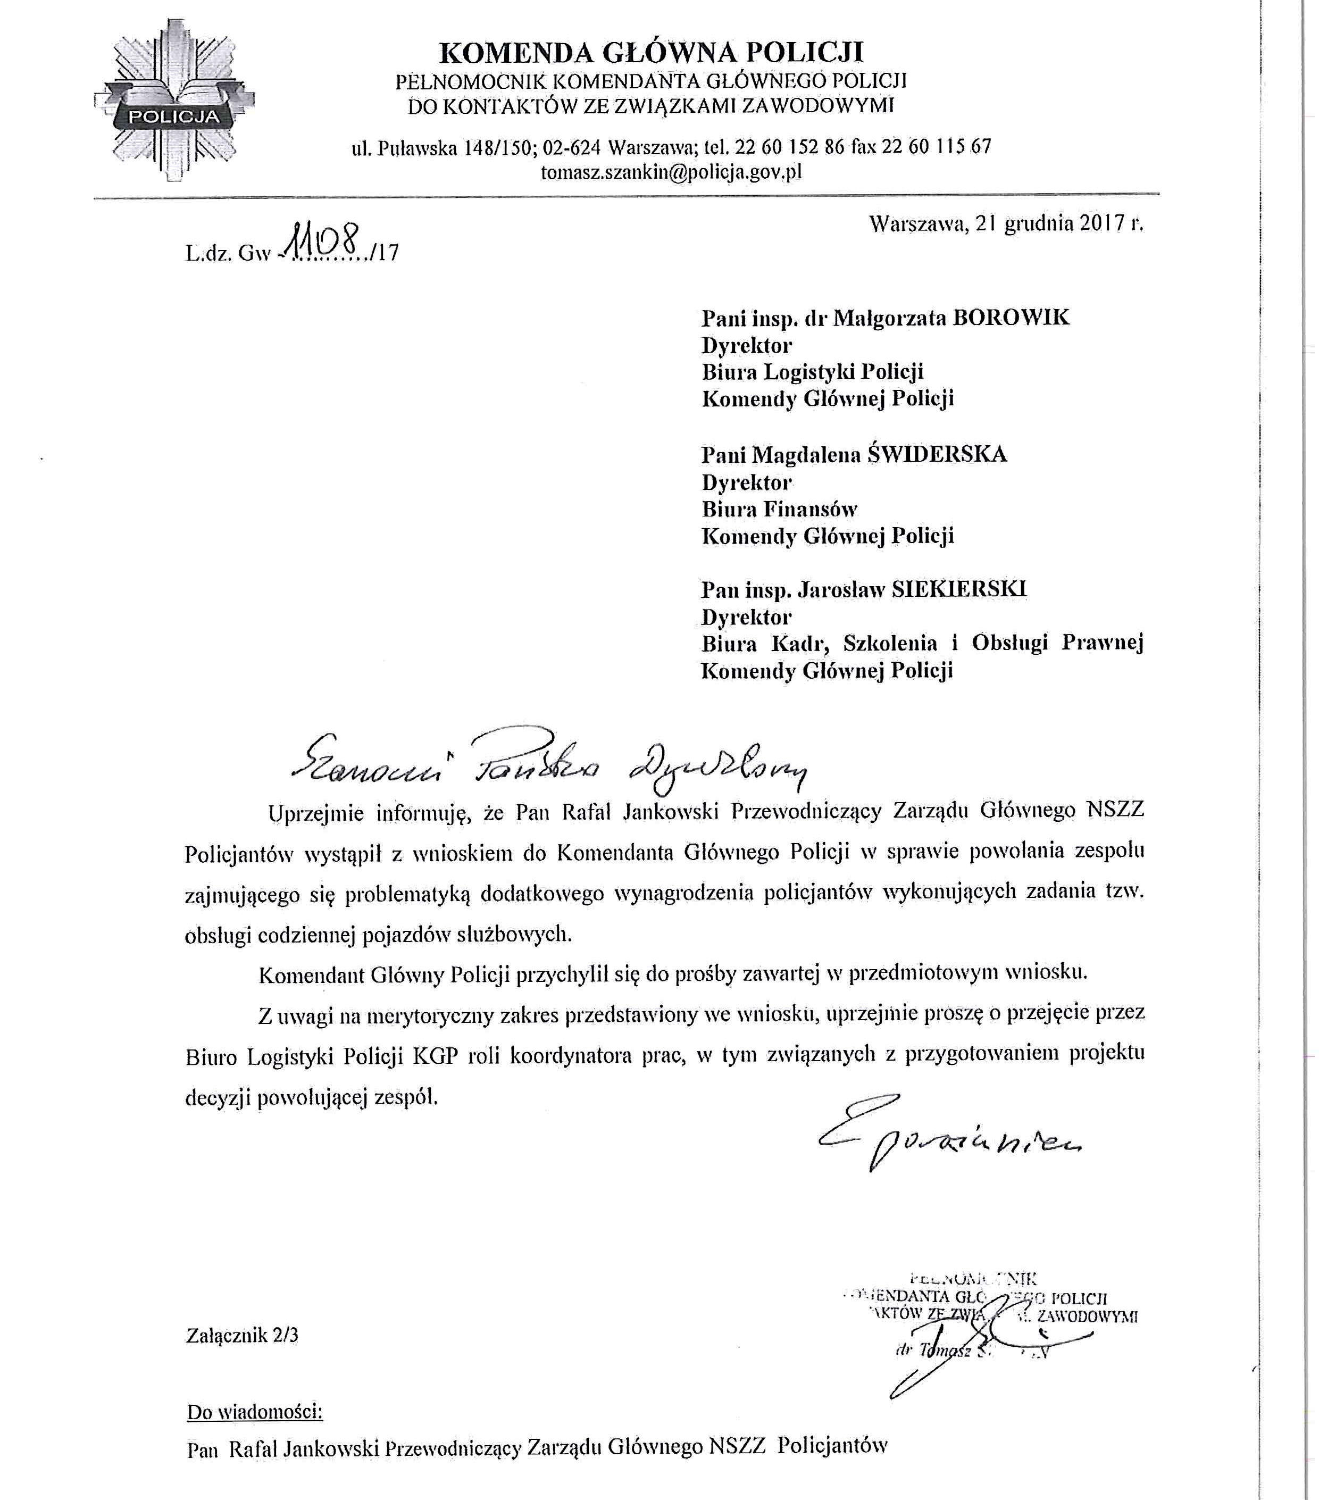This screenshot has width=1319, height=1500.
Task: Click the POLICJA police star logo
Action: (x=174, y=101)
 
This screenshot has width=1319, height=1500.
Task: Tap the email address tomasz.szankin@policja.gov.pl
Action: (x=671, y=172)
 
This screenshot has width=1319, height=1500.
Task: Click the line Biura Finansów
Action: (x=779, y=509)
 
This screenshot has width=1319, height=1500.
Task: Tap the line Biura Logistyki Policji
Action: (x=812, y=372)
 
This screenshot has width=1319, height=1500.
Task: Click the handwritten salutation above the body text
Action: (x=547, y=763)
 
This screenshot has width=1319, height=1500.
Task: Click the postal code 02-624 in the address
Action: (x=572, y=147)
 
